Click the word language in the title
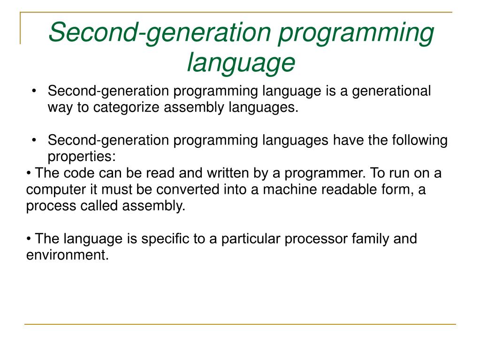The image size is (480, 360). [x=241, y=62]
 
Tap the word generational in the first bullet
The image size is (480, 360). [x=391, y=91]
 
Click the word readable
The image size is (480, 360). [x=347, y=190]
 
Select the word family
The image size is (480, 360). [x=369, y=239]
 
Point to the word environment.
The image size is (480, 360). [x=67, y=255]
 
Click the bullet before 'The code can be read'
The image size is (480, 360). [x=29, y=173]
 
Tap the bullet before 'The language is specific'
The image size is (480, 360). [x=29, y=239]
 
